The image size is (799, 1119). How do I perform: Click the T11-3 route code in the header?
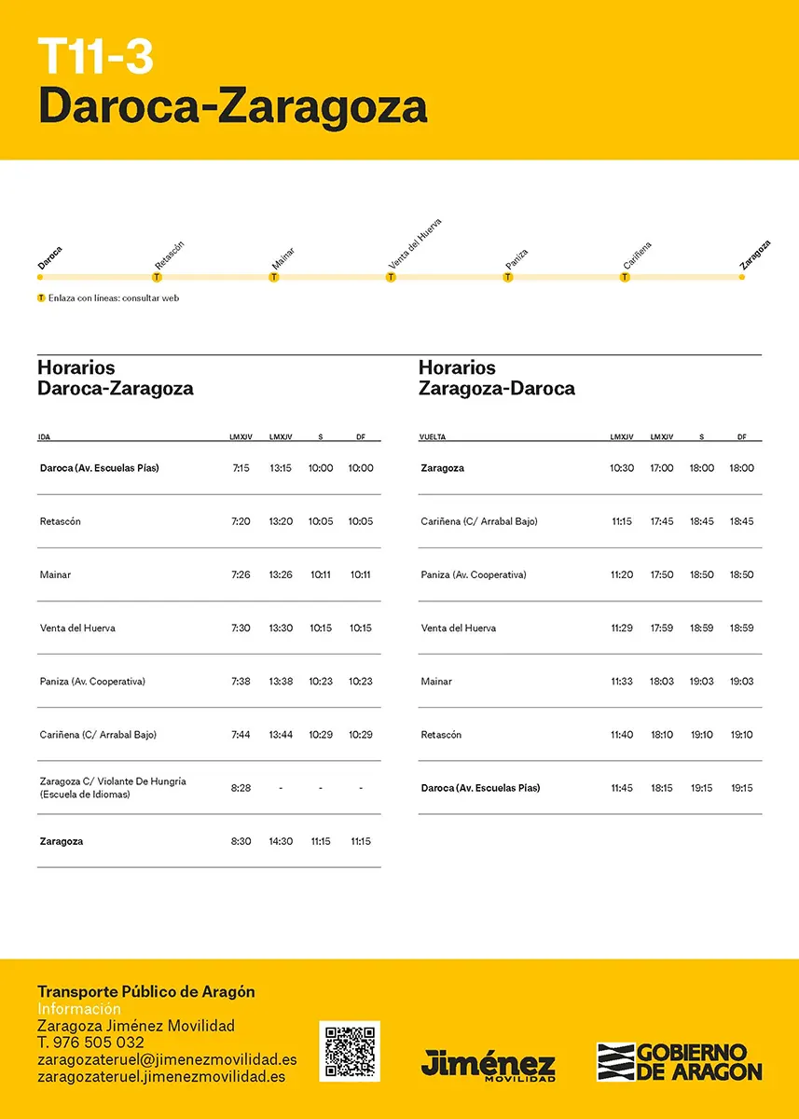pyautogui.click(x=95, y=57)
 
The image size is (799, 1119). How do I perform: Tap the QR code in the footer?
pyautogui.click(x=350, y=1051)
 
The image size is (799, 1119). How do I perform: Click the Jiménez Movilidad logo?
pyautogui.click(x=488, y=1064)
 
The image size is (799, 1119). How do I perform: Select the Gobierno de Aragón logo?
pyautogui.click(x=679, y=1061)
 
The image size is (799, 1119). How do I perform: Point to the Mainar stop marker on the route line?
pyautogui.click(x=274, y=277)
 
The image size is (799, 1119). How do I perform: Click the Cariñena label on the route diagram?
pyautogui.click(x=638, y=256)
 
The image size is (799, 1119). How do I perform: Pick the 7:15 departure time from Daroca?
pyautogui.click(x=241, y=468)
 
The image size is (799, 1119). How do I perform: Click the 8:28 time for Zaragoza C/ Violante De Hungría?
pyautogui.click(x=241, y=788)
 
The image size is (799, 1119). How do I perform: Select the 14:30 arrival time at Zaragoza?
pyautogui.click(x=281, y=841)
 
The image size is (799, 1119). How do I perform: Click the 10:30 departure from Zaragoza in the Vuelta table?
pyautogui.click(x=622, y=468)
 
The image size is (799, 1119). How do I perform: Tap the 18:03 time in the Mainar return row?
pyautogui.click(x=662, y=682)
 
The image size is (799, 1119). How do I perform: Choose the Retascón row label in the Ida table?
pyautogui.click(x=61, y=521)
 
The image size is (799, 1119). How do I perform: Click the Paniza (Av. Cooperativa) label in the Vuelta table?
pyautogui.click(x=474, y=574)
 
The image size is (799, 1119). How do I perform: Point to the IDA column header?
pyautogui.click(x=45, y=436)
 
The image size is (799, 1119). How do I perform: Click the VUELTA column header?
pyautogui.click(x=432, y=436)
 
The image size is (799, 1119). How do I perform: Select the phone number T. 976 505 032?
pyautogui.click(x=90, y=1043)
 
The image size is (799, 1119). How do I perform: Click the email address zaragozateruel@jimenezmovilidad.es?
pyautogui.click(x=167, y=1059)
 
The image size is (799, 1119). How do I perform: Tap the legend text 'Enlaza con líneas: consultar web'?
pyautogui.click(x=113, y=298)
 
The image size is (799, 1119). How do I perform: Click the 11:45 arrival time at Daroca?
pyautogui.click(x=622, y=788)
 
